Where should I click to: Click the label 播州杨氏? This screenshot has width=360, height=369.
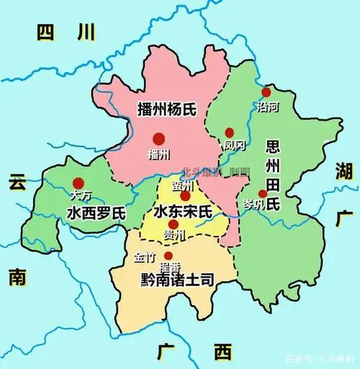coord(168,110)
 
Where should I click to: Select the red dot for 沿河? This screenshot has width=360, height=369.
coord(266,92)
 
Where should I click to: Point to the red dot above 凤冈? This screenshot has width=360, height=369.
coord(230,133)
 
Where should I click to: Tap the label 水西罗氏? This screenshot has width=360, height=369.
coord(96,213)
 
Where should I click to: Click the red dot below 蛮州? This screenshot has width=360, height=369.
coord(185,196)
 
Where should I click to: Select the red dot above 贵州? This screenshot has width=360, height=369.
coord(173,224)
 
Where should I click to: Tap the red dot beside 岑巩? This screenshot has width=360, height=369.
coord(262,193)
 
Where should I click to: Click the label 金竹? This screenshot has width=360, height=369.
coord(144,257)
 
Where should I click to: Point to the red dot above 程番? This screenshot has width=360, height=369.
coord(168,256)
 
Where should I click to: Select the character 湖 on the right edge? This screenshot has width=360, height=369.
coord(342,171)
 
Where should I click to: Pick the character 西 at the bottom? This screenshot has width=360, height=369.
coord(223,352)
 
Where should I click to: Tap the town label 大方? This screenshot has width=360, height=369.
coord(81,195)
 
